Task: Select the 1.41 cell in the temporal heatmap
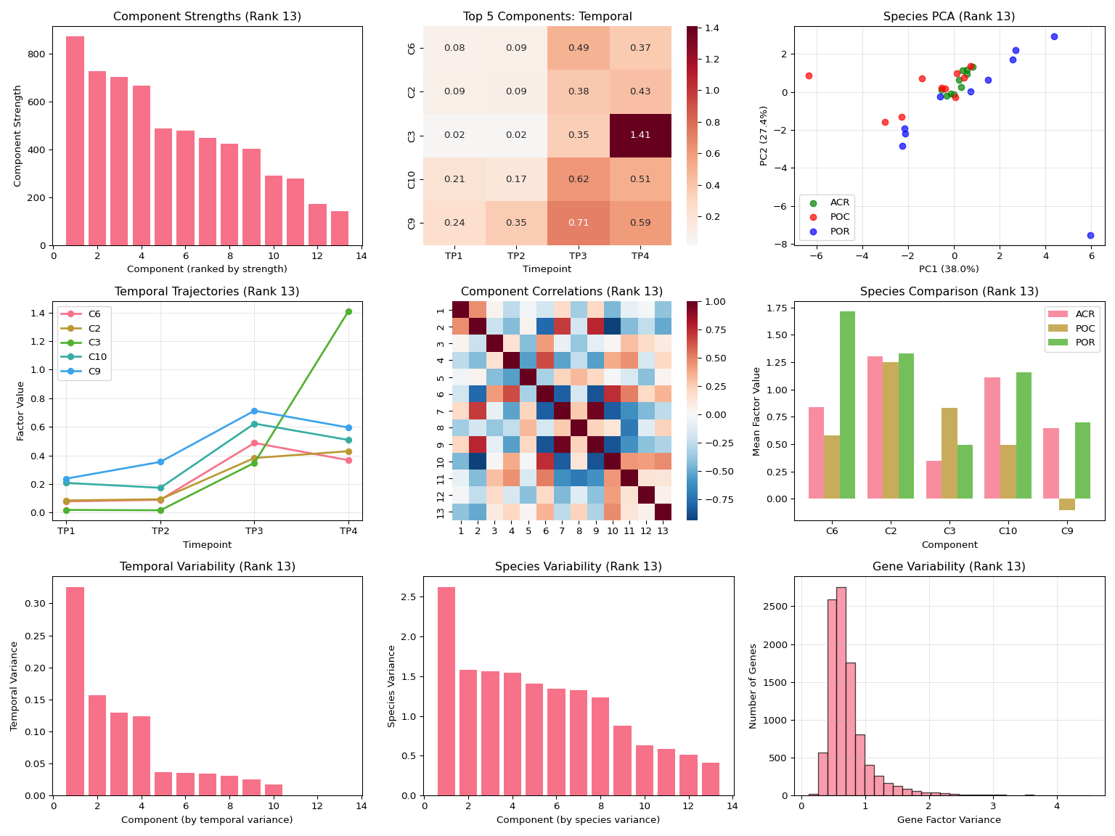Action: [640, 136]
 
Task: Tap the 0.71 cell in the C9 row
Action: [579, 223]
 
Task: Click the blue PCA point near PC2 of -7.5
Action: [1090, 235]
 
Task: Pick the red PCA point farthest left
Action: [809, 75]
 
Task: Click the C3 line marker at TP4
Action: [348, 311]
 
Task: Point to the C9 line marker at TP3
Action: [254, 411]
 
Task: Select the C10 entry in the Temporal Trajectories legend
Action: [94, 356]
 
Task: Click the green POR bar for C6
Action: [847, 405]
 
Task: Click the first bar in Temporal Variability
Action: [75, 691]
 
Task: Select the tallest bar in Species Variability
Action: [446, 691]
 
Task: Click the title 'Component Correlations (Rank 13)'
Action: [562, 292]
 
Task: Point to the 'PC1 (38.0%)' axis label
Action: [949, 269]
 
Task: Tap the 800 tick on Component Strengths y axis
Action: [39, 54]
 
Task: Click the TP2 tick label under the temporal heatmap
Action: [516, 256]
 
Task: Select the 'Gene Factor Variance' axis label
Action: [949, 820]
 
